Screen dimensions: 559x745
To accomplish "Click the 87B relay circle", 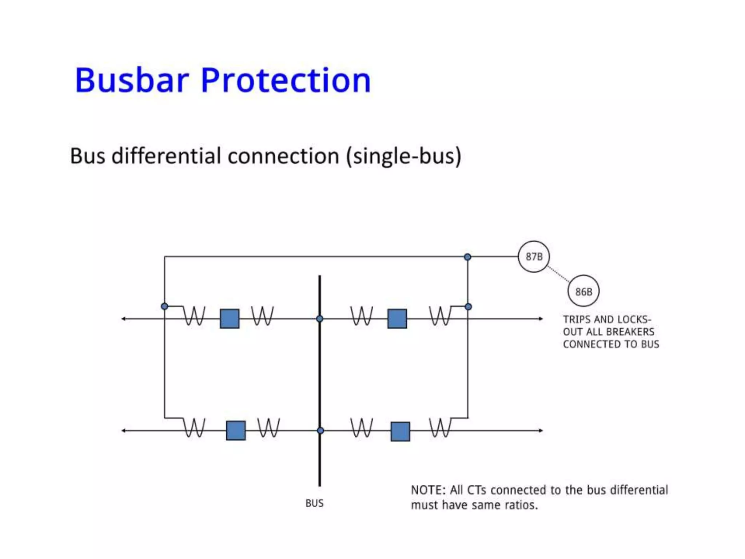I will (x=534, y=257).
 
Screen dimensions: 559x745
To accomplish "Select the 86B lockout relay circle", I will (x=583, y=291).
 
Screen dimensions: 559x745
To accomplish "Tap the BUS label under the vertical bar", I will (x=314, y=503).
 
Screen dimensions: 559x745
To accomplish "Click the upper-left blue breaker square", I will (x=230, y=319).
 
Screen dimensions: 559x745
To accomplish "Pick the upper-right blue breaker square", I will (x=397, y=319).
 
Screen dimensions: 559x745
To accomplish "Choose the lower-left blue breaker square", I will (x=236, y=431).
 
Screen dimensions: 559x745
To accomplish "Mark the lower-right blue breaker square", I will (x=400, y=431).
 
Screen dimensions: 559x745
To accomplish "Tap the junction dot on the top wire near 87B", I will (x=467, y=257).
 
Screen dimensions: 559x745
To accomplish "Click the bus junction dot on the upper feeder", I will (x=320, y=319).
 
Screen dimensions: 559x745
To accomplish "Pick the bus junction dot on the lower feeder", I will (x=320, y=431).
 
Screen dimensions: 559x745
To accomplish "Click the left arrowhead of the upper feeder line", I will (x=124, y=319).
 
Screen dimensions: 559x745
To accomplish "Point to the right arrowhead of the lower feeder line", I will (x=541, y=431).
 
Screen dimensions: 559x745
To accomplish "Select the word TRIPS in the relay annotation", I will (x=577, y=320).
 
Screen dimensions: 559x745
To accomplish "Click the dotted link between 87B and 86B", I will (x=558, y=274).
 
